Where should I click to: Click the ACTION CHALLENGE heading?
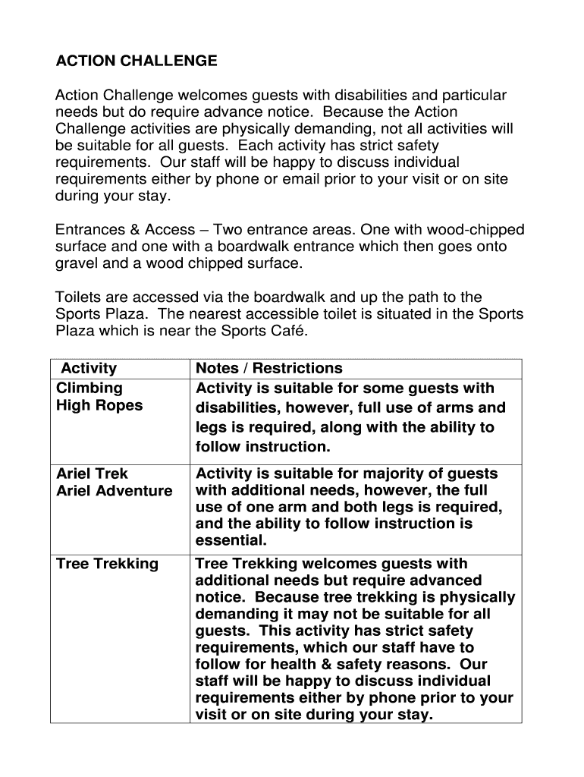pyautogui.click(x=137, y=61)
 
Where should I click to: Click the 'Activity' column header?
pyautogui.click(x=89, y=369)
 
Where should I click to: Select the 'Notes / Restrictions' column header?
pyautogui.click(x=269, y=369)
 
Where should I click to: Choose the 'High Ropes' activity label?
pyautogui.click(x=99, y=405)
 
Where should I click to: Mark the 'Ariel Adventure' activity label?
pyautogui.click(x=115, y=491)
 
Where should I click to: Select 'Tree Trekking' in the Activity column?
pyautogui.click(x=108, y=564)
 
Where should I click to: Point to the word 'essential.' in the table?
pyautogui.click(x=231, y=541)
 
